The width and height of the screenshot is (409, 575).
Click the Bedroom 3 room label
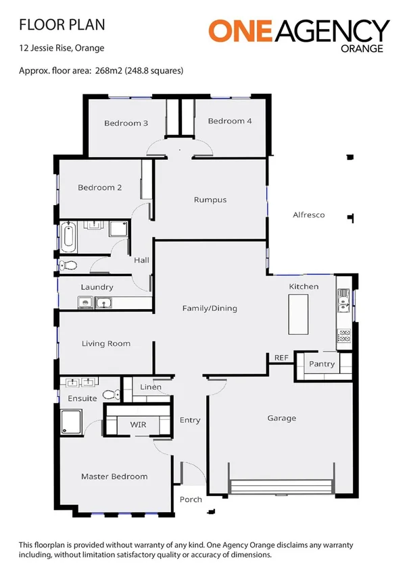[126, 124]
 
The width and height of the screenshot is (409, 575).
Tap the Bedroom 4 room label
[230, 121]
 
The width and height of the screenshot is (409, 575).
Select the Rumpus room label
[210, 200]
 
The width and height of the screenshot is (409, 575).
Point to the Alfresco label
[308, 215]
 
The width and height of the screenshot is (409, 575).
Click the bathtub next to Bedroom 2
[68, 236]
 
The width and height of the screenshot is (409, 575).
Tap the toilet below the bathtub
[67, 266]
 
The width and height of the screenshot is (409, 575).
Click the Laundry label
[97, 287]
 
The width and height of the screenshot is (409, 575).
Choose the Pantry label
[322, 364]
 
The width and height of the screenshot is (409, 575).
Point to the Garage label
[281, 418]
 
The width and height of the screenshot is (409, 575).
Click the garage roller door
[281, 487]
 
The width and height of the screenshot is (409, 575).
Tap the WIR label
[138, 425]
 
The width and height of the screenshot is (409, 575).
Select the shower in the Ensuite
[71, 422]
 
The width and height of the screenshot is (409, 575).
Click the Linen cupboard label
[150, 387]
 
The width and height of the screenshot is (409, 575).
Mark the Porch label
[191, 500]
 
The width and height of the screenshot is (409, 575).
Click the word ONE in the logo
[241, 32]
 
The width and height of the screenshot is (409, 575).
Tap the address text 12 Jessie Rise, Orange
[62, 49]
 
